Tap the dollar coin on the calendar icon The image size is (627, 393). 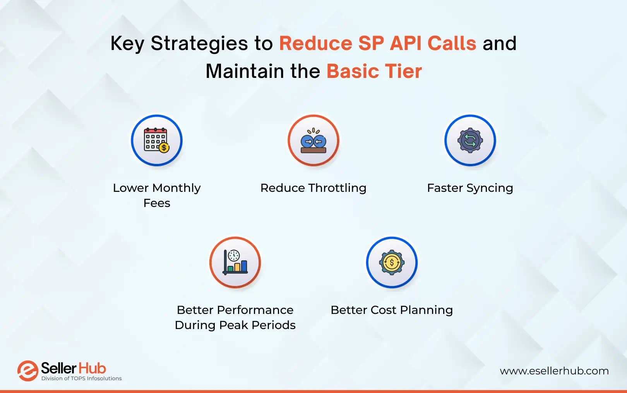click(164, 148)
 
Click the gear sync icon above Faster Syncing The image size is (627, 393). click(470, 140)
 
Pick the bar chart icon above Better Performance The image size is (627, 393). click(235, 262)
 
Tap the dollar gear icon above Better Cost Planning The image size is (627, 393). click(392, 262)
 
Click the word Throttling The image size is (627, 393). click(337, 188)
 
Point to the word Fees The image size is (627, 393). click(157, 203)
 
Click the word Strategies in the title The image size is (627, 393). click(199, 43)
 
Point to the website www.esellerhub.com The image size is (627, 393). click(554, 371)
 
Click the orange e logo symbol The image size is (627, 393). click(27, 371)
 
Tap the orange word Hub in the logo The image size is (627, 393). click(92, 368)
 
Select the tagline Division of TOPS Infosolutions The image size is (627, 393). click(81, 379)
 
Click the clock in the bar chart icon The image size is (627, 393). click(234, 255)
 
